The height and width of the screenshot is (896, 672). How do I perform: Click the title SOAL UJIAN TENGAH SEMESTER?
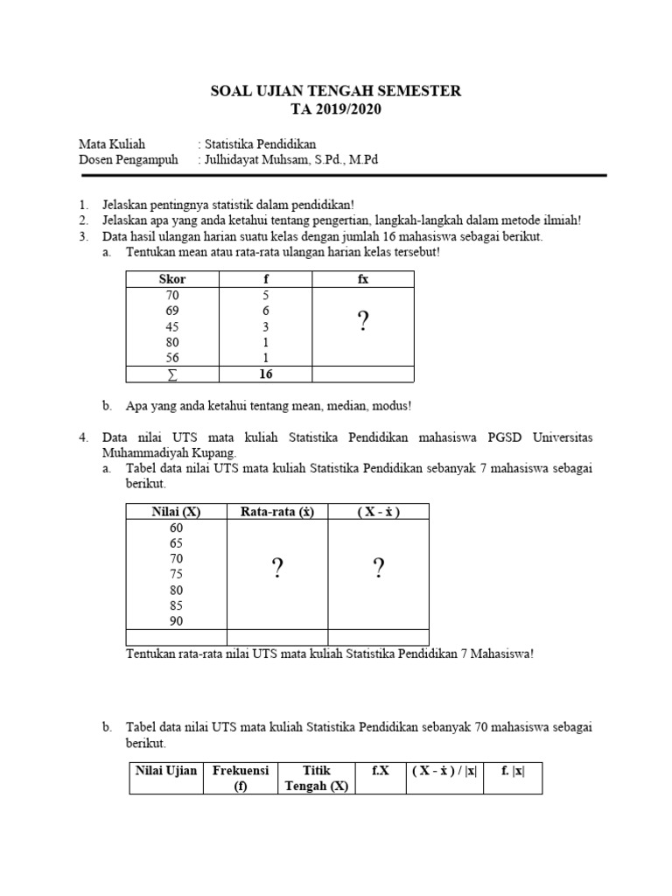click(x=336, y=91)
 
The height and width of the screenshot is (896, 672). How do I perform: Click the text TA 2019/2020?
click(x=336, y=109)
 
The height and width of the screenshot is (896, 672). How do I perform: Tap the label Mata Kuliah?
click(x=112, y=143)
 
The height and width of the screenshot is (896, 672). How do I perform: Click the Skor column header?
click(x=172, y=279)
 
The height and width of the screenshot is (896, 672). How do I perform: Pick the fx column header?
click(x=363, y=279)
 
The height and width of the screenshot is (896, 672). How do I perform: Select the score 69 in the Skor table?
click(x=172, y=311)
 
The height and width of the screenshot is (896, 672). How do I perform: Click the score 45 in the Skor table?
click(x=172, y=326)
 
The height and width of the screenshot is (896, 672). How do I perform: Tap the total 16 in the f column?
click(x=266, y=374)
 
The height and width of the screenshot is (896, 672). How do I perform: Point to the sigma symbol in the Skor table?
click(x=172, y=374)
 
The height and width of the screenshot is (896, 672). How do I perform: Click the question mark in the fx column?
click(x=363, y=323)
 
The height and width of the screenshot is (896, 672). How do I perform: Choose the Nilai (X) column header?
click(x=177, y=512)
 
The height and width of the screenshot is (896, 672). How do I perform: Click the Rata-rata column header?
click(x=277, y=512)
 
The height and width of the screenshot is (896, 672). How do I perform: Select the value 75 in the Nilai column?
click(x=177, y=574)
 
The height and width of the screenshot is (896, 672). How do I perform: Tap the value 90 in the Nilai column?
click(x=177, y=621)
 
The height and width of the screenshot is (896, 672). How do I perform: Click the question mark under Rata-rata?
click(x=277, y=570)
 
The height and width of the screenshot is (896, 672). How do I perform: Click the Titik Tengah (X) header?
click(x=317, y=778)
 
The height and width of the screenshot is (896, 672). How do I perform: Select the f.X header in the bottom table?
click(x=380, y=771)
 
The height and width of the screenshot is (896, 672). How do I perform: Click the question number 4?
click(x=83, y=437)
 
